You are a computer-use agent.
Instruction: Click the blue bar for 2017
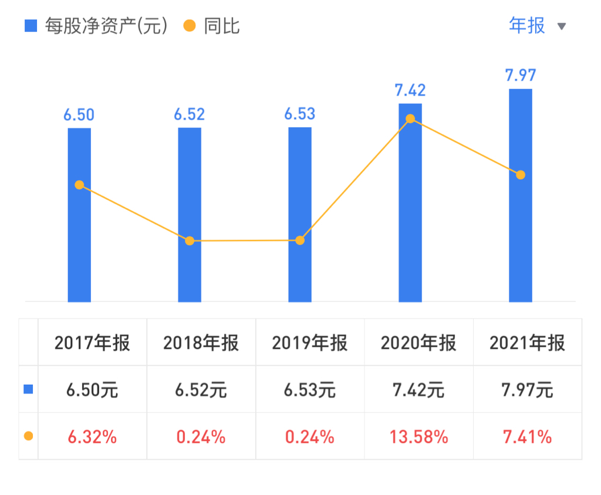pos(79,246)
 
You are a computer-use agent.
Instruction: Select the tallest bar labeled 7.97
pos(520,235)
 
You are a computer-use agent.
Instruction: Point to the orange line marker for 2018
pos(190,240)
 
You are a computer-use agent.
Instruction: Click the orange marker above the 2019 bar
pos(300,240)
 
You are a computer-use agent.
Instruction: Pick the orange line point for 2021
pos(520,175)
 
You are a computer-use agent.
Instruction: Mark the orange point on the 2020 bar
pos(410,119)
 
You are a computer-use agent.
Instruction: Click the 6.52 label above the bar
pos(189,114)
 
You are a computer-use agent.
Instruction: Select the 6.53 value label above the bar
pos(299,114)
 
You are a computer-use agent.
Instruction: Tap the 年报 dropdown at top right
pos(527,26)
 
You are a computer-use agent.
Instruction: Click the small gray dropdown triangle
pos(561,26)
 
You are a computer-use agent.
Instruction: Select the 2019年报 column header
pos(309,343)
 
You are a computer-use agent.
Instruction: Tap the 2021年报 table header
pos(527,343)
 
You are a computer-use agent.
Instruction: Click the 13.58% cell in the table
pos(418,437)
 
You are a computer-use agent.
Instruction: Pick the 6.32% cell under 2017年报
pos(92,437)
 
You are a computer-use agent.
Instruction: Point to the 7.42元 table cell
pos(418,390)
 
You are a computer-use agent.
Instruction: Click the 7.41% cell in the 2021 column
pos(527,437)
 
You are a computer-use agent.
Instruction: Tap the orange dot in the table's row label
pos(28,436)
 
